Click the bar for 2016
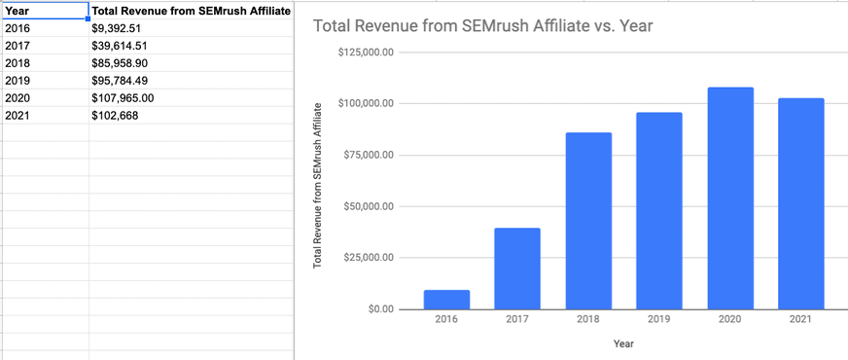(x=446, y=300)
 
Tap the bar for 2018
(x=588, y=221)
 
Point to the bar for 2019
(x=659, y=211)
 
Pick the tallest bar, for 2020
(x=730, y=198)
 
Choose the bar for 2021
(x=801, y=203)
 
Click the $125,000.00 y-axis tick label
(x=366, y=52)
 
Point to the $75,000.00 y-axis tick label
(x=369, y=155)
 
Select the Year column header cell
(x=44, y=11)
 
